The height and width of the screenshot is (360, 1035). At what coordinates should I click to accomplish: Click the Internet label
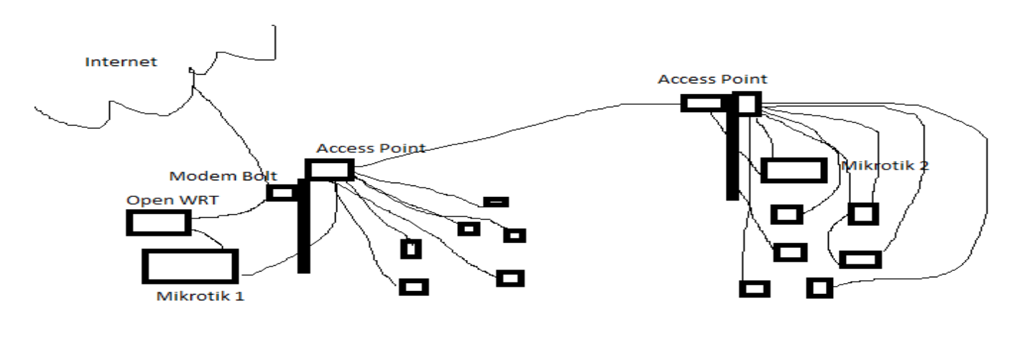point(121,63)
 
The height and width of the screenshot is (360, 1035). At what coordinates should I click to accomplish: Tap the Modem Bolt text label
point(224,176)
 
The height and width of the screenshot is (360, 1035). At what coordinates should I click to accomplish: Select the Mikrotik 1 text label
point(201,295)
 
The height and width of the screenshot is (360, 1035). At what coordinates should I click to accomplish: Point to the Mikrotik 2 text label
point(885,166)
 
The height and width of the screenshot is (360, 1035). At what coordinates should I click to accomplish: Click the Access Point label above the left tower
point(371,149)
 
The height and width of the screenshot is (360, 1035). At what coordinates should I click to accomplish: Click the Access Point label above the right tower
point(712,79)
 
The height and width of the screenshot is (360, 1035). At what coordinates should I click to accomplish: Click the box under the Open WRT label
point(159,223)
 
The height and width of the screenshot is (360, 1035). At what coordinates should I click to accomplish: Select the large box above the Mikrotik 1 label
point(190,266)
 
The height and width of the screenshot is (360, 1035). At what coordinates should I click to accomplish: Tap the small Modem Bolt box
point(281,193)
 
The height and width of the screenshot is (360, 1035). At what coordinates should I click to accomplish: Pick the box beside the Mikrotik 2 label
point(793,170)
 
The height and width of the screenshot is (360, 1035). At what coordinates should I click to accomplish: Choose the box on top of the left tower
point(330,170)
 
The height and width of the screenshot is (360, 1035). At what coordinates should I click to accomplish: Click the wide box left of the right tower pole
point(702,103)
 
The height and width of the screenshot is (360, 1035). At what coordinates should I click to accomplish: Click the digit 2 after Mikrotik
point(923,166)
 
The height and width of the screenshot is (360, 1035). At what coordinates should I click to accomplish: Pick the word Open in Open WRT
point(143,200)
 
